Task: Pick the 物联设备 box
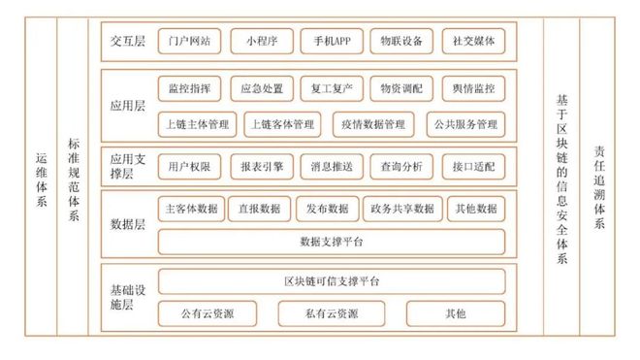click(401, 42)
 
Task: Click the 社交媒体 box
click(472, 42)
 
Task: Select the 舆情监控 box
click(472, 88)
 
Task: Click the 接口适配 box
click(472, 167)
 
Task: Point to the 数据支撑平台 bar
click(332, 240)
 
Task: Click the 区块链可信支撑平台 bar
click(332, 280)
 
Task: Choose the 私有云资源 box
click(332, 313)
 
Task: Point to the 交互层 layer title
click(128, 42)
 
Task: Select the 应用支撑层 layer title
click(126, 167)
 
